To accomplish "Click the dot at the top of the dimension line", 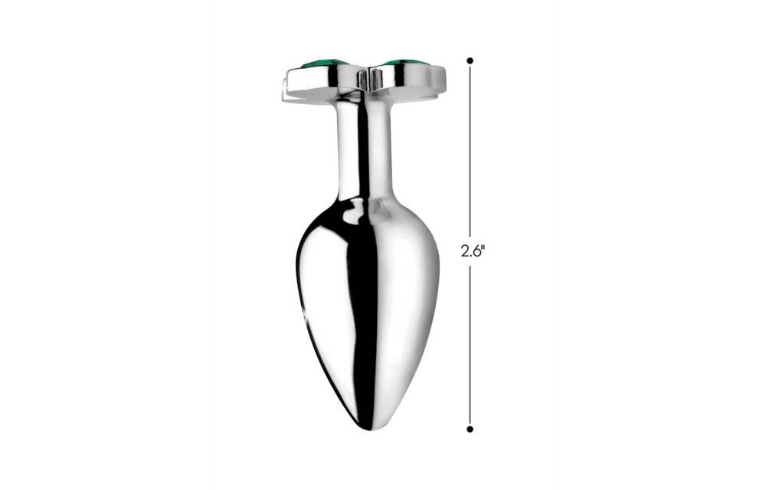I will click(x=470, y=60).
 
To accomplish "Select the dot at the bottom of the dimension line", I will click(x=470, y=430).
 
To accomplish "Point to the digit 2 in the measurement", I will click(x=463, y=250).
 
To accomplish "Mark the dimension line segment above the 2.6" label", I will click(x=470, y=153).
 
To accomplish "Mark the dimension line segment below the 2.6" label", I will click(x=470, y=345).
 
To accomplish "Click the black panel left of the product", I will click(x=104, y=245).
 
